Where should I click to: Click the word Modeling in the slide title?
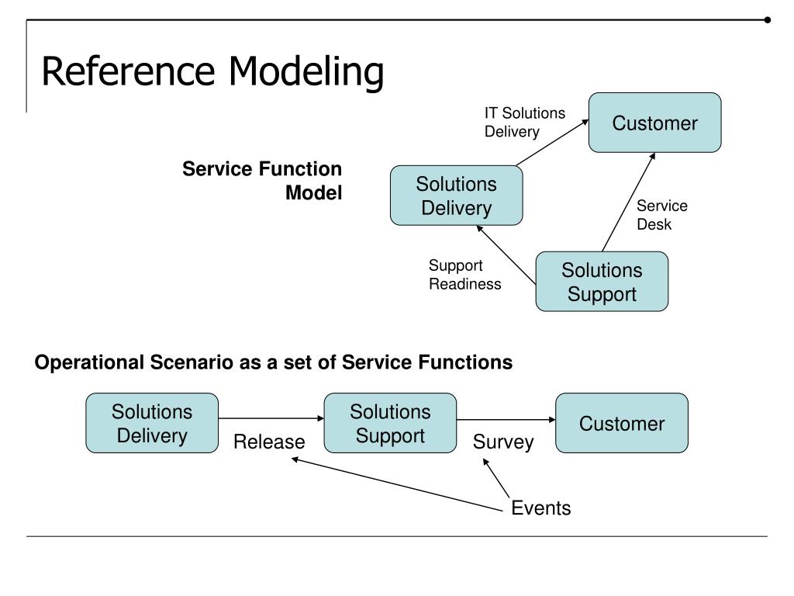(306, 72)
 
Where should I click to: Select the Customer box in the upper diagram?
(654, 123)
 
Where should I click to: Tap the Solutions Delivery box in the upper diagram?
(456, 196)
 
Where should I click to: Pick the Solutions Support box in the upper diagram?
(602, 282)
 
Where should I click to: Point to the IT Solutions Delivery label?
(524, 123)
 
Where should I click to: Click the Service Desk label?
(661, 215)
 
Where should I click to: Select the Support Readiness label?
(464, 275)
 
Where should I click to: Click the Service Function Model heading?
(262, 181)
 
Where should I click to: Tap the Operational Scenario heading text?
(273, 362)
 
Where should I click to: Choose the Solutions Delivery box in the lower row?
(152, 423)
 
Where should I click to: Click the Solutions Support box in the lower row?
(390, 423)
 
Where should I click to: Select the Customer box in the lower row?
(621, 423)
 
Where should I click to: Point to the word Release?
(269, 442)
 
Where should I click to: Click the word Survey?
(503, 442)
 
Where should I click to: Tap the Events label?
(540, 508)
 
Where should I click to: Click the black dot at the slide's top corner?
(768, 20)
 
